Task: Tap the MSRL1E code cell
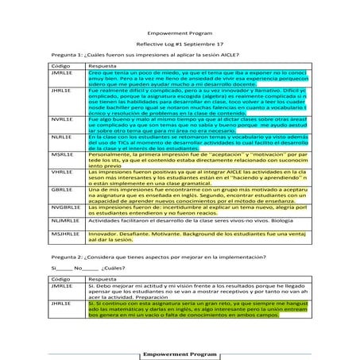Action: (63, 154)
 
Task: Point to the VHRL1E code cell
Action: (62, 172)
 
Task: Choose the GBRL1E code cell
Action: (62, 189)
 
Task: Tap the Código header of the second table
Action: (60, 280)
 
